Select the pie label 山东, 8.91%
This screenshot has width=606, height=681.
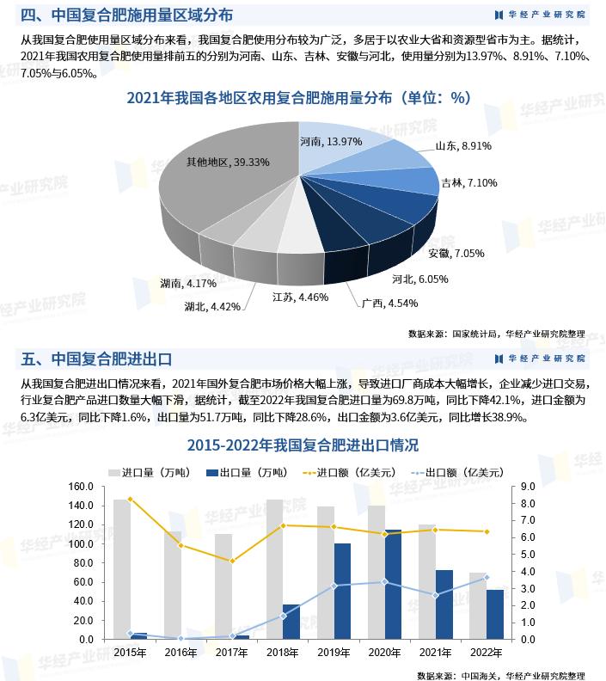(463, 146)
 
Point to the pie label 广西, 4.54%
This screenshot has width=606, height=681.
(377, 303)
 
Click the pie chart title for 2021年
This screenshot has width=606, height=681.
(298, 98)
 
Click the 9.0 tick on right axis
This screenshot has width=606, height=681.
(529, 487)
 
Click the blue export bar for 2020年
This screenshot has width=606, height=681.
(393, 585)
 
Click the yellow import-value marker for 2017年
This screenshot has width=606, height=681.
(232, 561)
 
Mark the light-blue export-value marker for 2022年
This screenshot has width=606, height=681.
(486, 578)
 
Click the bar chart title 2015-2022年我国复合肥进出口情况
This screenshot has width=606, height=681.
(303, 445)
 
